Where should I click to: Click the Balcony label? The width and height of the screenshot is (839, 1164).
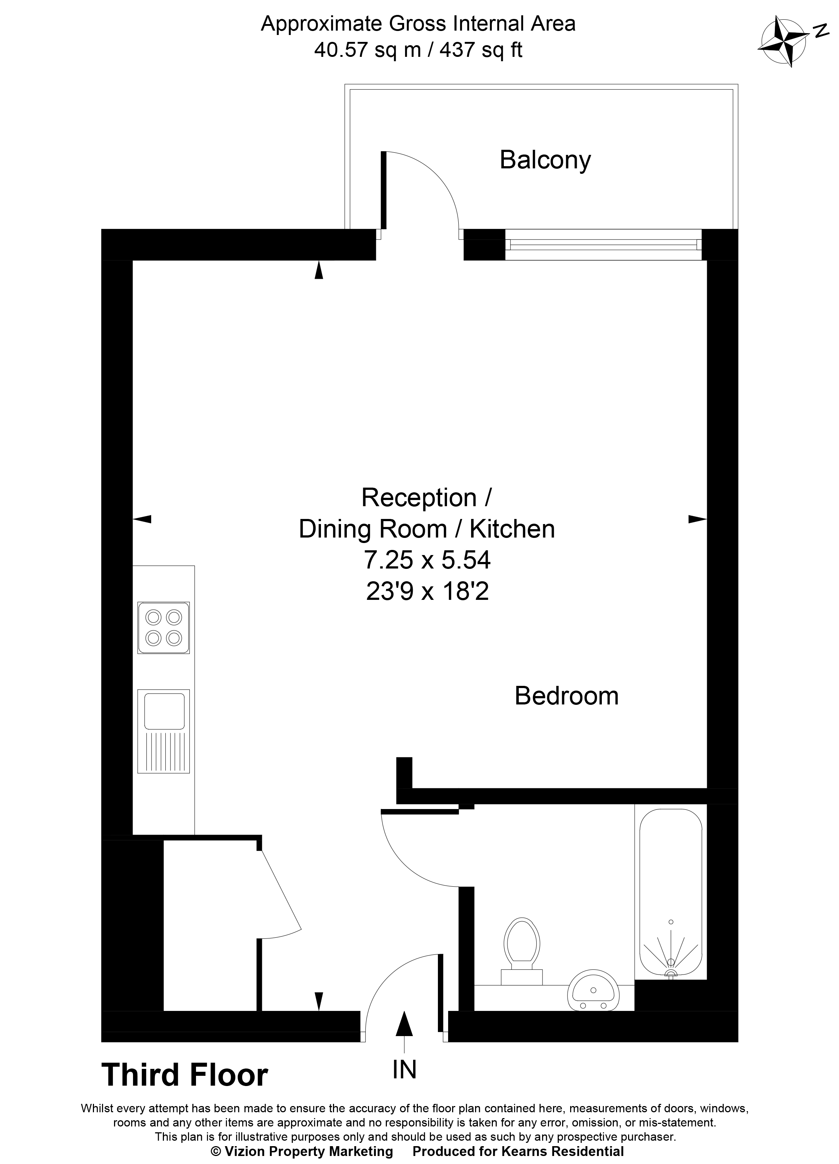coord(545,160)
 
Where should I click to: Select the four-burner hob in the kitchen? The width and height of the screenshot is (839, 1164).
coord(163,628)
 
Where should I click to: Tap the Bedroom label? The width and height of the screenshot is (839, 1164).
coord(566,696)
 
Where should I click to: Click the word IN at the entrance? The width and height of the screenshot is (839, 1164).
coord(404,1070)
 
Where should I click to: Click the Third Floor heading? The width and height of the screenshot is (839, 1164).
coord(185,1075)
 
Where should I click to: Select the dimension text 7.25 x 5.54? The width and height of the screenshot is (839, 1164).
coord(427,560)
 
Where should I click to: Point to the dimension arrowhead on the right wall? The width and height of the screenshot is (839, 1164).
coord(697,519)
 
